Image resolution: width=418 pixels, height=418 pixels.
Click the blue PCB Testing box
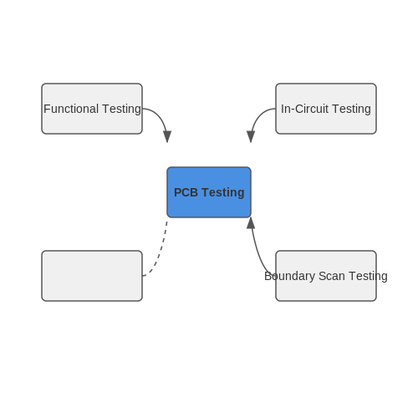point(209,192)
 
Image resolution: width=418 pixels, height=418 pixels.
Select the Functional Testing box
point(92,109)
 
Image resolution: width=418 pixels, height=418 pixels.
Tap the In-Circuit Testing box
point(326,109)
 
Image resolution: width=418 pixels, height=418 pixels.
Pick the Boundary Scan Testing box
point(326,276)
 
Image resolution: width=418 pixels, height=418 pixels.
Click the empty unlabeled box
point(92,276)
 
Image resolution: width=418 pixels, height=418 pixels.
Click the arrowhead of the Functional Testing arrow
point(167,136)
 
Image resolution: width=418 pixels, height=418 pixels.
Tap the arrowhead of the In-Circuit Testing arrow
point(251,136)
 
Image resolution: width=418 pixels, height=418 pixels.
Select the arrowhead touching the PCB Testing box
point(251,223)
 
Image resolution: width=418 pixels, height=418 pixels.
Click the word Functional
point(71,109)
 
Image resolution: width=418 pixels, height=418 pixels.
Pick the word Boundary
point(290,276)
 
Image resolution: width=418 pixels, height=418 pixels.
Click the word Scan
point(332,276)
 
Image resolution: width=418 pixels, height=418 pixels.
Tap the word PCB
point(186,192)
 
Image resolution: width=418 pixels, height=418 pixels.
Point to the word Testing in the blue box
point(223,193)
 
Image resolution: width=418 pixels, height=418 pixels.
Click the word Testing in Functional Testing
point(121,109)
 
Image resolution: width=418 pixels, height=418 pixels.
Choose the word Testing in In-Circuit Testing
point(351,109)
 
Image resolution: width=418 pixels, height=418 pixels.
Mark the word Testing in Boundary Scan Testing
point(368,277)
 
